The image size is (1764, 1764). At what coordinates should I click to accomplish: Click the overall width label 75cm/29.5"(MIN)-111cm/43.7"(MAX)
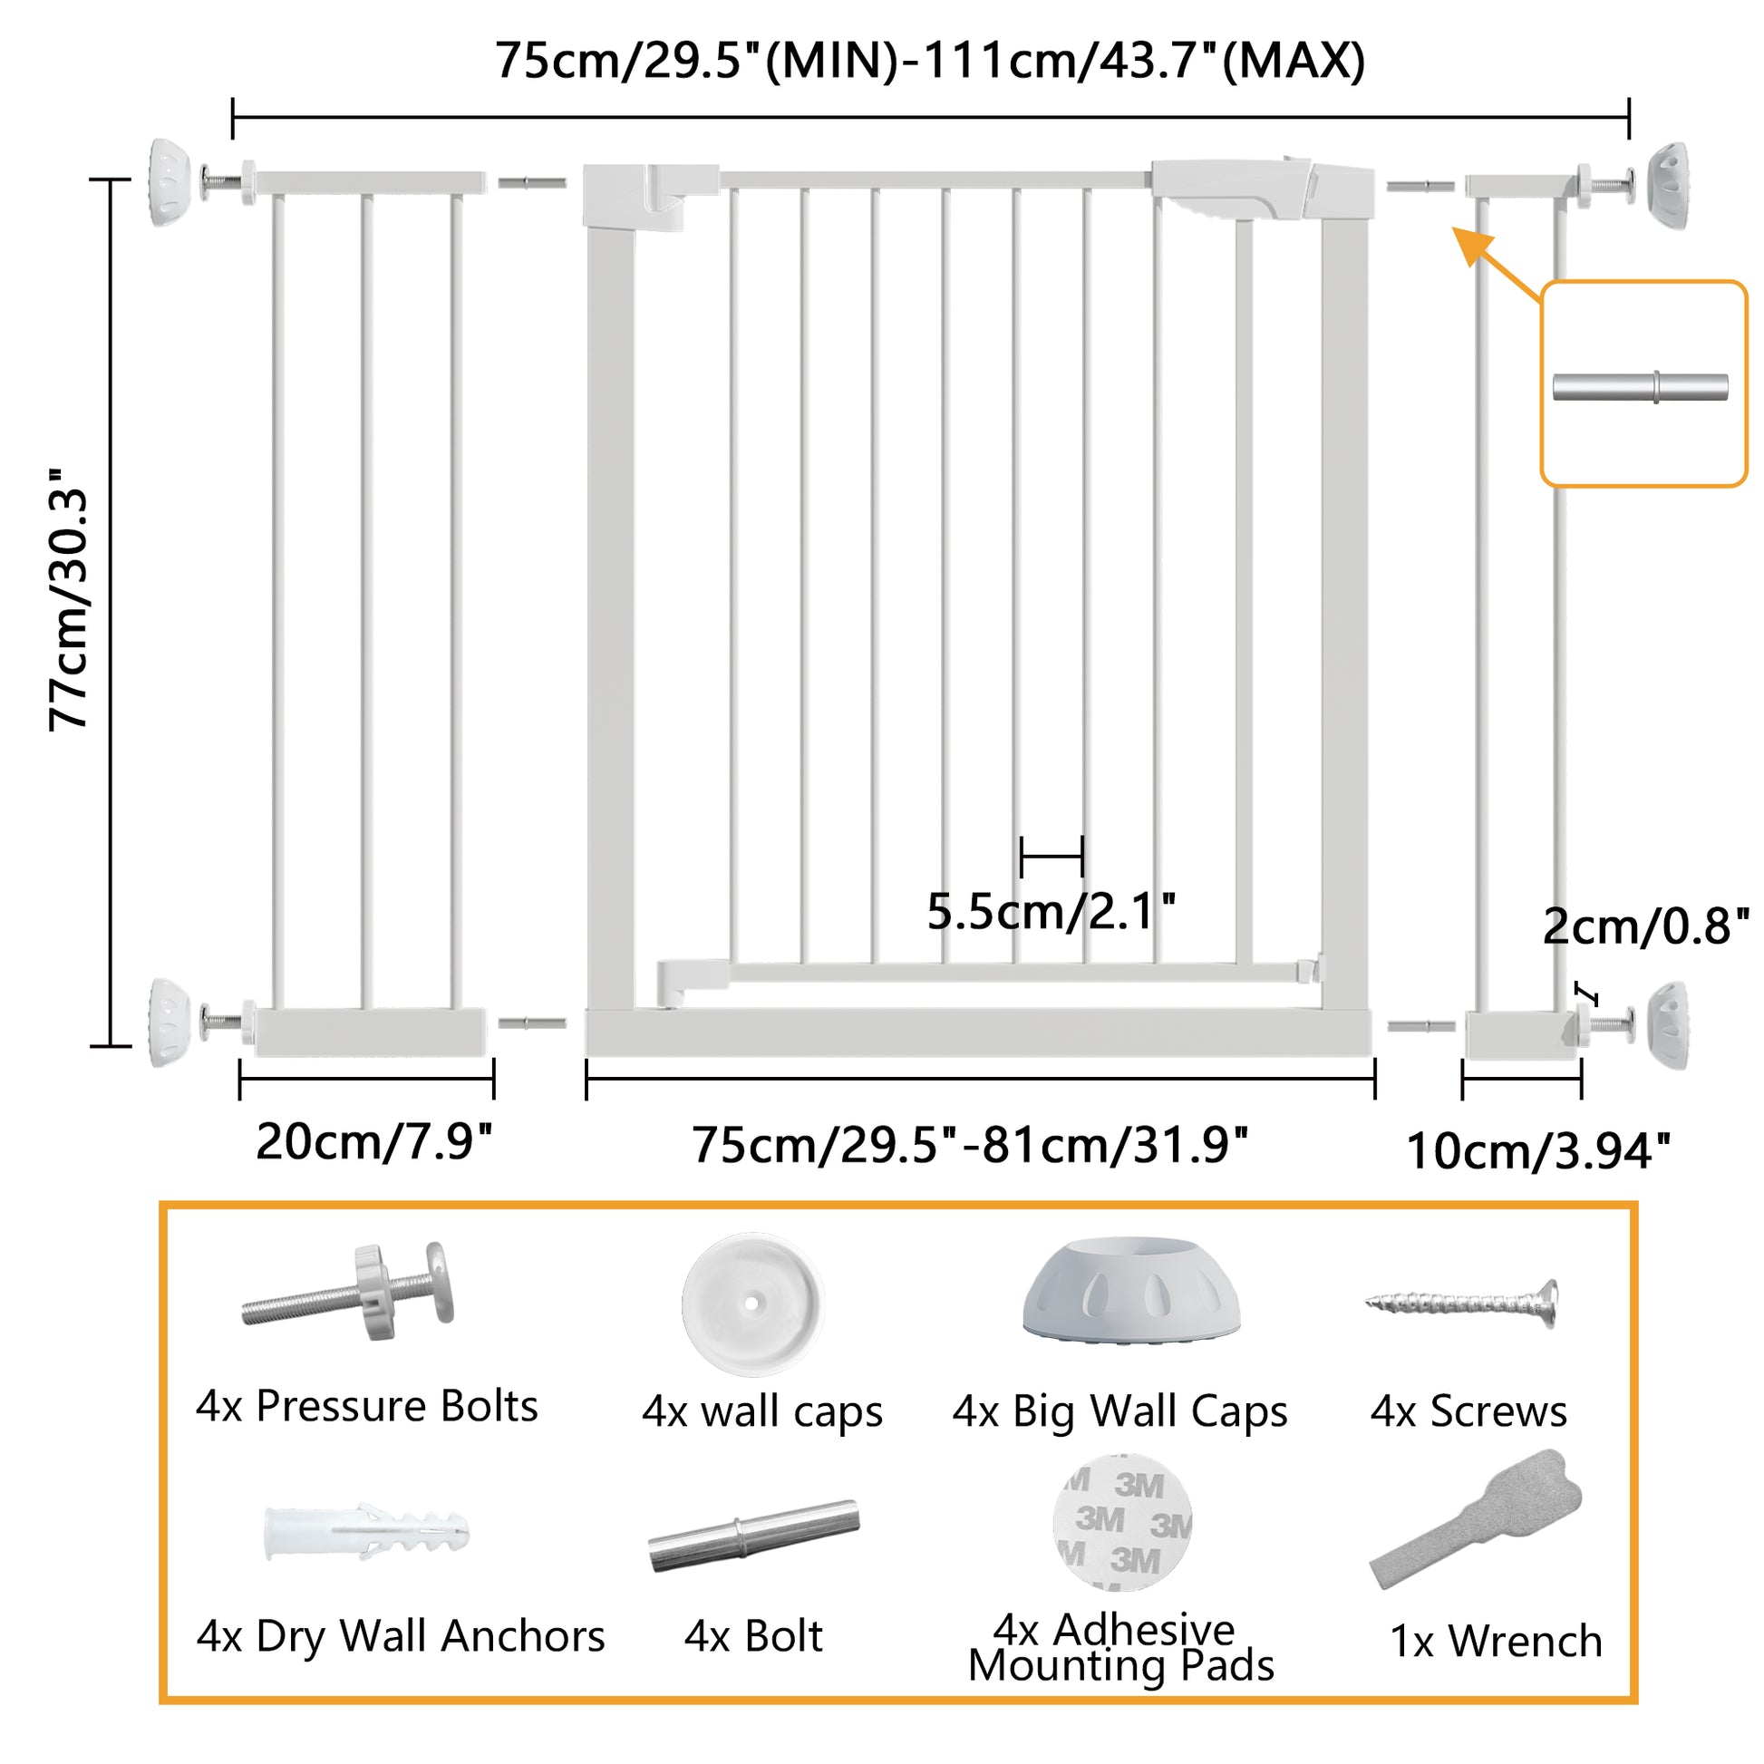(x=929, y=62)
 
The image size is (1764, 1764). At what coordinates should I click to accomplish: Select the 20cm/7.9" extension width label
(x=374, y=1141)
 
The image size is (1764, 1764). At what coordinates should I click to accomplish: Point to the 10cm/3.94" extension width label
(x=1538, y=1150)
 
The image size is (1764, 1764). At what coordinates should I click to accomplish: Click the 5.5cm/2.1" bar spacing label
(x=1052, y=911)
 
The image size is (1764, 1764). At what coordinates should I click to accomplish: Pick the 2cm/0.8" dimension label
(x=1646, y=926)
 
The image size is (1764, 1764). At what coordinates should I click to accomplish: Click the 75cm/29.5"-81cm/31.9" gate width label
(x=970, y=1145)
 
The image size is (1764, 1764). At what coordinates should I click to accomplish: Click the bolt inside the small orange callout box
(x=1641, y=387)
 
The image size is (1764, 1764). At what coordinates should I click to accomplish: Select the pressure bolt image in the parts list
(x=348, y=1291)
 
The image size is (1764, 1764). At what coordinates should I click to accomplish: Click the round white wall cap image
(x=753, y=1304)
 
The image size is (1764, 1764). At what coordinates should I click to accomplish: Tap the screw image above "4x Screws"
(x=1462, y=1302)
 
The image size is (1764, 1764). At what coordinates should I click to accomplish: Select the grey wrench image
(x=1476, y=1517)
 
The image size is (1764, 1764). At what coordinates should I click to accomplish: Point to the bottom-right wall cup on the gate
(x=1667, y=1024)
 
